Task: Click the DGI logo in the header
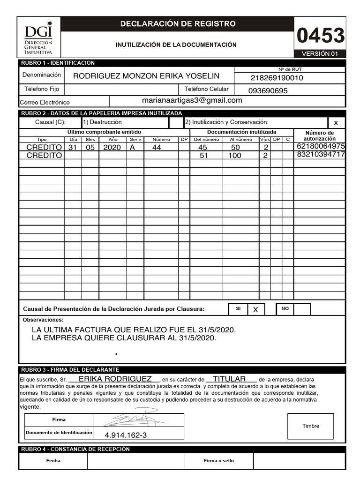(x=38, y=39)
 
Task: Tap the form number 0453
(x=321, y=36)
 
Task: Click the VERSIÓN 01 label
(x=320, y=54)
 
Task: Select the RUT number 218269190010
(x=277, y=78)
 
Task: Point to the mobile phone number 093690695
(x=268, y=91)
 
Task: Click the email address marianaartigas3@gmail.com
(x=192, y=100)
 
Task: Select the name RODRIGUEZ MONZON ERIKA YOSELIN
(x=146, y=76)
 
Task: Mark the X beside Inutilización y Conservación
(x=335, y=123)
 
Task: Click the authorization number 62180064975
(x=321, y=146)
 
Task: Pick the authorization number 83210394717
(x=321, y=155)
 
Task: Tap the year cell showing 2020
(x=112, y=147)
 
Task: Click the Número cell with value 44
(x=157, y=147)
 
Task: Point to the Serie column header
(x=135, y=139)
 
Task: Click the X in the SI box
(x=255, y=310)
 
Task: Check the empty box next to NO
(x=302, y=309)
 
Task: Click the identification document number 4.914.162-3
(x=126, y=435)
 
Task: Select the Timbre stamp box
(x=310, y=426)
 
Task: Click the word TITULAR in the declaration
(x=230, y=379)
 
